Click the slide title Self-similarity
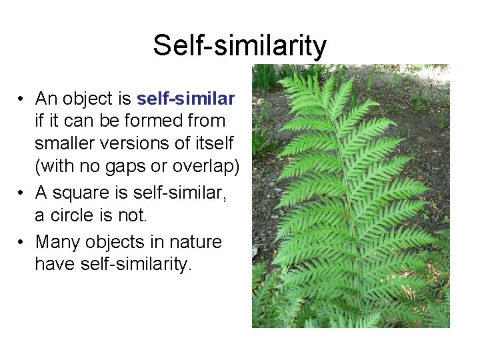tap(239, 45)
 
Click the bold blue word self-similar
tap(185, 99)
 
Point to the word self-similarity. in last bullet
tap(136, 264)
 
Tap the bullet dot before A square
tap(21, 193)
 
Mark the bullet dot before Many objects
tap(21, 241)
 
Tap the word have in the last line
tap(55, 264)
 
